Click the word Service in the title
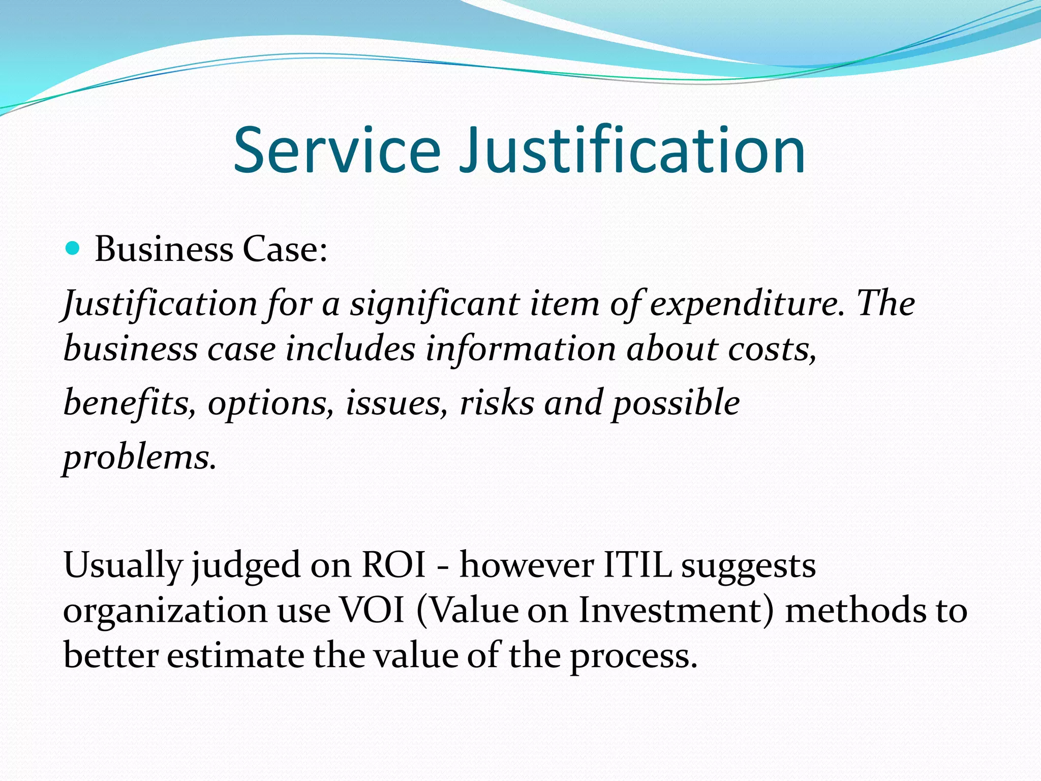(x=336, y=151)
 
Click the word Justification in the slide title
(x=631, y=151)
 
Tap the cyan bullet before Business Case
(x=73, y=249)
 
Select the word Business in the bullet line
(x=164, y=250)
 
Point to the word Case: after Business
(x=285, y=250)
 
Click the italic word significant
(x=434, y=305)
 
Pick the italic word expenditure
(x=747, y=305)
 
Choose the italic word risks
(x=497, y=403)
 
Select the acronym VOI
(x=372, y=610)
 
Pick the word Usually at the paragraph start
(x=123, y=566)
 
